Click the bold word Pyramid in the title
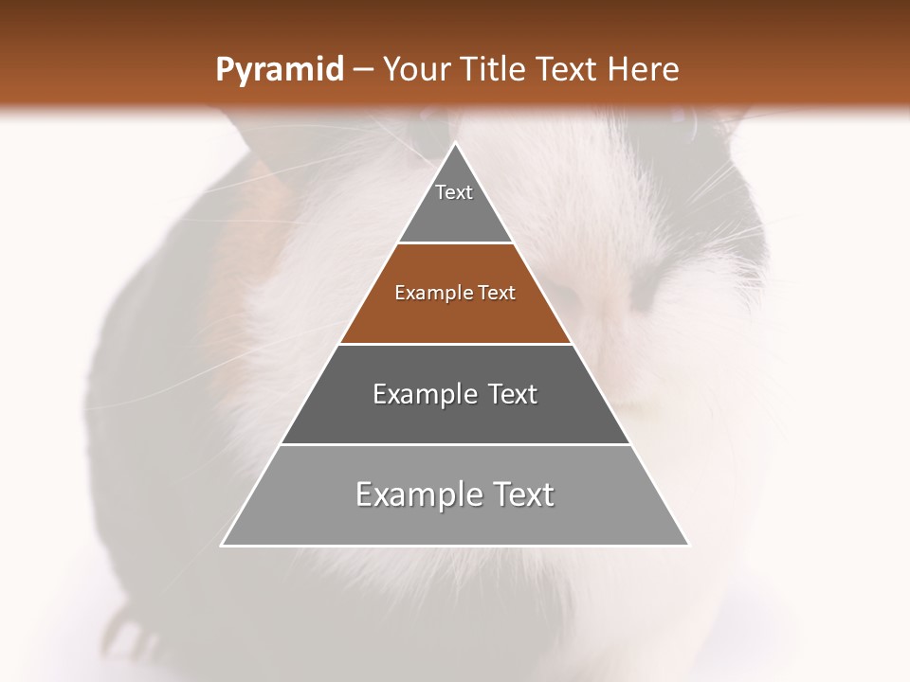click(279, 70)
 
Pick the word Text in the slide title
click(567, 70)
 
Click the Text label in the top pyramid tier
click(454, 192)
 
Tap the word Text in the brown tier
click(497, 294)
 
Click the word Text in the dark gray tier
click(513, 394)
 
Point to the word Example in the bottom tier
click(416, 494)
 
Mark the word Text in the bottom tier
click(521, 494)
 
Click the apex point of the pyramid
click(455, 143)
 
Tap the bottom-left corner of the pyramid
click(223, 545)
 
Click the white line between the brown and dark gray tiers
click(455, 344)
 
